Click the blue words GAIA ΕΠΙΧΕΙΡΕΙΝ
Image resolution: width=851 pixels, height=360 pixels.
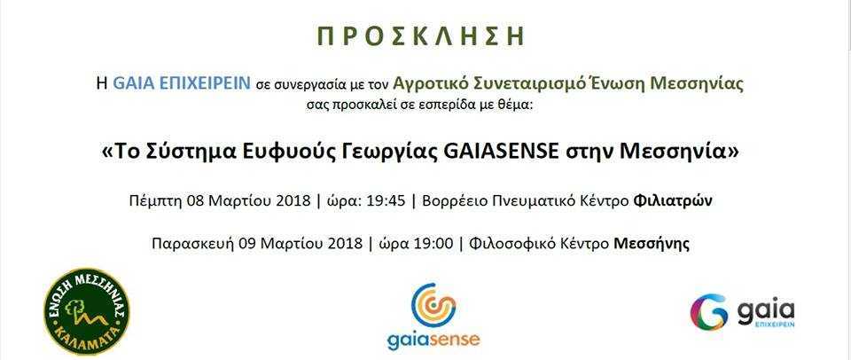tap(181, 83)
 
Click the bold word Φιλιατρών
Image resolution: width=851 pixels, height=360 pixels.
tap(673, 201)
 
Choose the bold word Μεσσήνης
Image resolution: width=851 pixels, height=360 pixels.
tap(652, 244)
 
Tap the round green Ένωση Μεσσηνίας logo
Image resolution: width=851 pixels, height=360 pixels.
tap(87, 311)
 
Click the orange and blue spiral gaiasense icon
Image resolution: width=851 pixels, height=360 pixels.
tap(433, 305)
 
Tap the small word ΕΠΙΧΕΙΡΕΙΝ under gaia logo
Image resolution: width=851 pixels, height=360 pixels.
tap(775, 324)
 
